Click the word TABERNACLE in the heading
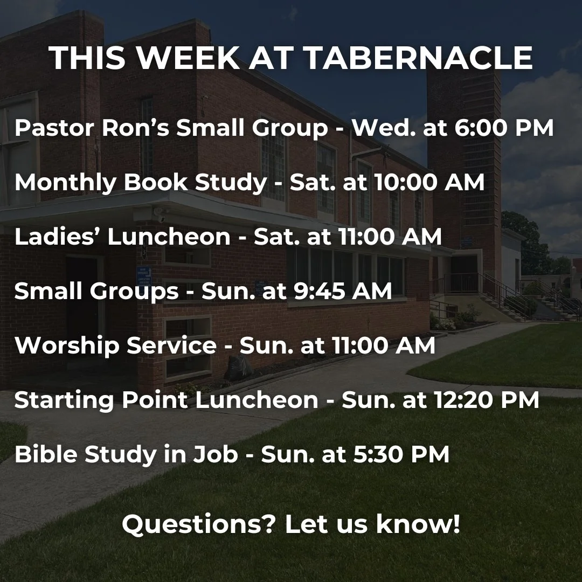419,58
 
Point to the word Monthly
65,183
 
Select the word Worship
66,345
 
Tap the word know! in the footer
418,523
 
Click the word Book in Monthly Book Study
155,183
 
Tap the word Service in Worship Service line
171,345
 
